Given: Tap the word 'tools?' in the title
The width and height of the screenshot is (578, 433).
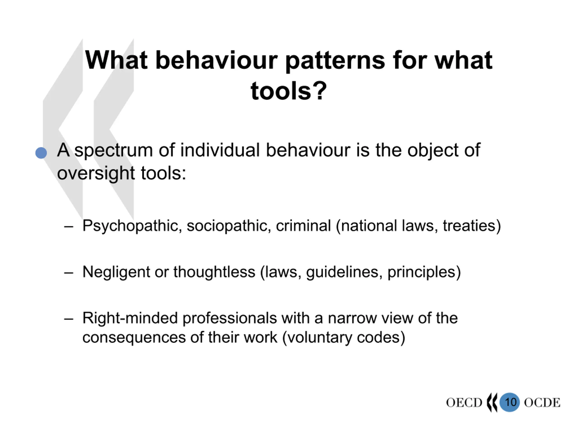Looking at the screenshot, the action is tap(289, 91).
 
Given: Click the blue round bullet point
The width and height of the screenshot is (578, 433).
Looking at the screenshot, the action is tap(41, 153).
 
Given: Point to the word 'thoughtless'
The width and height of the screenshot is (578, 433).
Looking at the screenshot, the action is tap(214, 272).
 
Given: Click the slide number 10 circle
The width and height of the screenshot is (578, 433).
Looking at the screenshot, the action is tap(510, 402).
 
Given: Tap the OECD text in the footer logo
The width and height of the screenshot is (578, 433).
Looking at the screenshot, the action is tap(464, 403).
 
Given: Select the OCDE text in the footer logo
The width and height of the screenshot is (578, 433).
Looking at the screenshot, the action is tap(542, 403).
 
